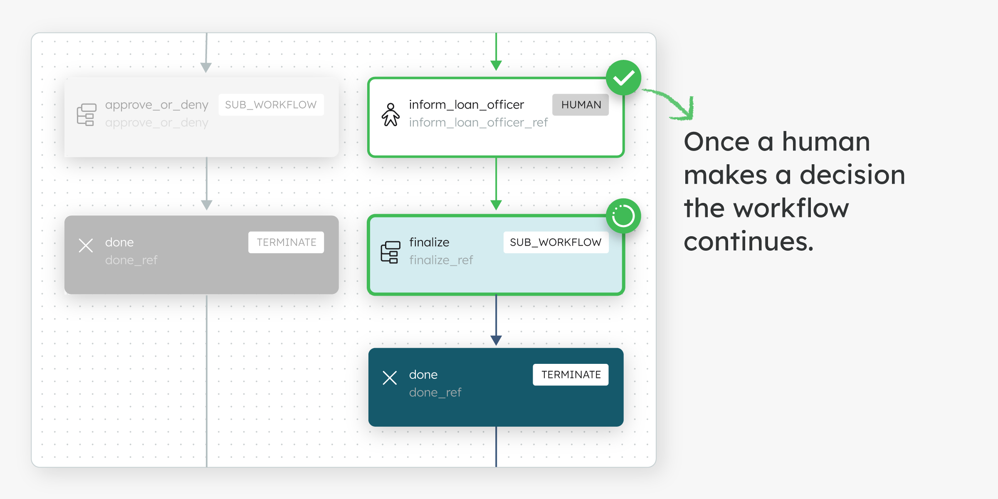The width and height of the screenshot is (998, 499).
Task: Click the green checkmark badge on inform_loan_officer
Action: click(623, 78)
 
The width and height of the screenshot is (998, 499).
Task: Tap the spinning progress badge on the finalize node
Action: click(623, 216)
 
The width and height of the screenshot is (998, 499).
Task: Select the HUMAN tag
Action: click(581, 105)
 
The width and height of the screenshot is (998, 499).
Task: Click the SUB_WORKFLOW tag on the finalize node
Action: click(556, 242)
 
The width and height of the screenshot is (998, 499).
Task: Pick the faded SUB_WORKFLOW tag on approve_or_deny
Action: click(271, 105)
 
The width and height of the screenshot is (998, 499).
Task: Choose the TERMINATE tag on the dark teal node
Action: click(571, 375)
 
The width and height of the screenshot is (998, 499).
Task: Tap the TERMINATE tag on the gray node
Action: click(286, 242)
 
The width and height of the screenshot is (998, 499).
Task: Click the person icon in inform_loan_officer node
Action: click(390, 115)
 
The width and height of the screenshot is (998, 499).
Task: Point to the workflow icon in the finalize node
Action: click(390, 252)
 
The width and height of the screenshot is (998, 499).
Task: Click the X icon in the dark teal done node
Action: click(390, 378)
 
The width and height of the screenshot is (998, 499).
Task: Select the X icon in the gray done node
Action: click(86, 245)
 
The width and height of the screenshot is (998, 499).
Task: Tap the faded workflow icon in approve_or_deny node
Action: click(86, 114)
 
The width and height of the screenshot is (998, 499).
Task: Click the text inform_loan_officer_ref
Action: click(478, 123)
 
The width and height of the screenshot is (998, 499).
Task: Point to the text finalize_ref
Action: click(441, 260)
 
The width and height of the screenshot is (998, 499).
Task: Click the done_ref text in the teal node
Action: click(435, 393)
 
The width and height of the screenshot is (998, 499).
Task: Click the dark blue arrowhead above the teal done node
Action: click(496, 340)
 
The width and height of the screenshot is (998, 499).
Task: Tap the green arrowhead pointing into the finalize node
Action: click(496, 205)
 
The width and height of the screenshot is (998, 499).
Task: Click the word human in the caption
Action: click(826, 142)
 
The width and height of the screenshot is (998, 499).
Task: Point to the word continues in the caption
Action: click(748, 242)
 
